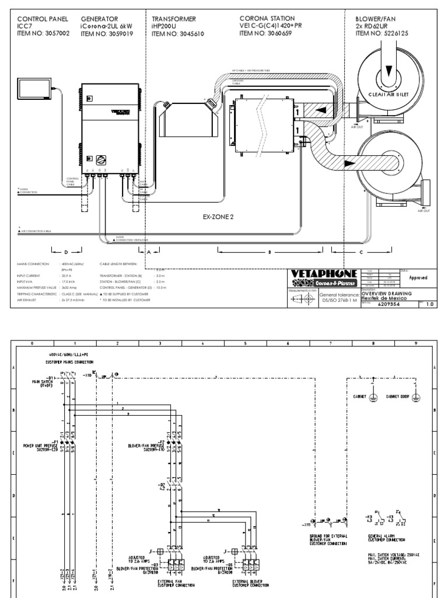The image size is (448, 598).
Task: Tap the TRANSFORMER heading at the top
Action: click(174, 19)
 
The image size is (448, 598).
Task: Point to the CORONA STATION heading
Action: click(268, 19)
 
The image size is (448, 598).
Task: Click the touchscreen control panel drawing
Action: click(34, 88)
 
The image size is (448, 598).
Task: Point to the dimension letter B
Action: click(269, 252)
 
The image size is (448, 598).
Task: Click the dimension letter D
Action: click(66, 252)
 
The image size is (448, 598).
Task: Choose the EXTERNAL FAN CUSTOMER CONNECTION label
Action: click(173, 583)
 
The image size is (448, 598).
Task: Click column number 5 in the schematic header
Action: click(245, 344)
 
